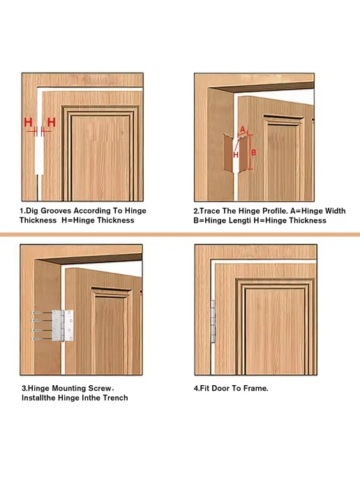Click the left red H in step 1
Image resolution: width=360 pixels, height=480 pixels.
(28, 123)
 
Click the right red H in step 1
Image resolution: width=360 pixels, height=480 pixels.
(52, 123)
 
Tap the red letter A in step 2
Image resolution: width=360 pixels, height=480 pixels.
(243, 129)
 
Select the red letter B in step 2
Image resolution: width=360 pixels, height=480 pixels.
(253, 152)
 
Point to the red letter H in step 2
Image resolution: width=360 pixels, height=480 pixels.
(236, 155)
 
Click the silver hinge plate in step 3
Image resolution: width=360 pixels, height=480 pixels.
(63, 325)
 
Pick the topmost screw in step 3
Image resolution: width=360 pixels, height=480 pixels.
(36, 313)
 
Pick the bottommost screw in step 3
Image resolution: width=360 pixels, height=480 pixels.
(36, 338)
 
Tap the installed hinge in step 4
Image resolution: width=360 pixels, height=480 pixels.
(213, 322)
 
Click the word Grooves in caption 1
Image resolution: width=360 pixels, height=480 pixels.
(56, 211)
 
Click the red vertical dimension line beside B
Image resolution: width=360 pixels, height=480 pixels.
(250, 152)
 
